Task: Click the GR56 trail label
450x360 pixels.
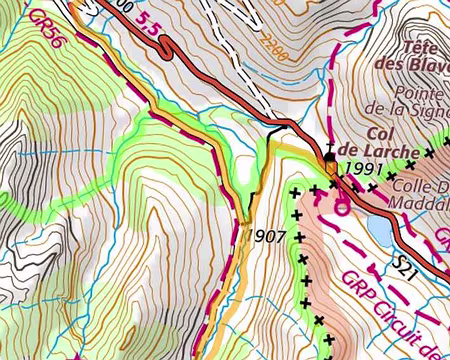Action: [x=44, y=30]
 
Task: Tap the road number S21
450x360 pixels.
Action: [x=406, y=266]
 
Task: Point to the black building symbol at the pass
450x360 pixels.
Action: [x=331, y=157]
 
